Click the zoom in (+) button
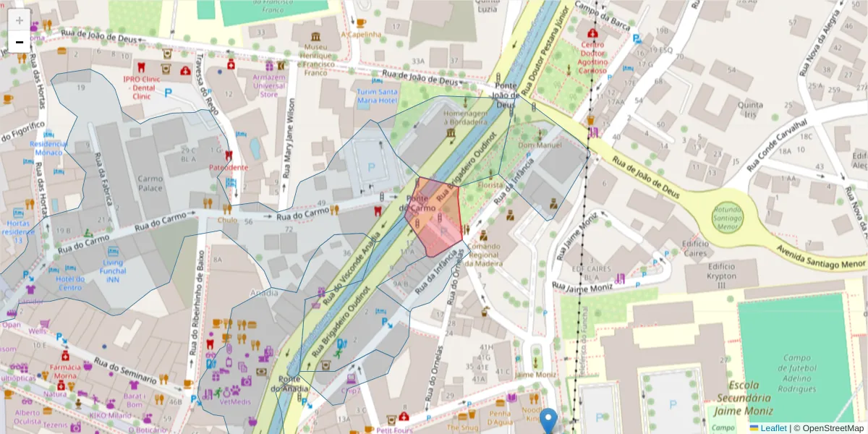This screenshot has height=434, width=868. click(20, 20)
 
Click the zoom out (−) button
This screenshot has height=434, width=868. click(20, 42)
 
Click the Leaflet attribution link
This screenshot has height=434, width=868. click(773, 428)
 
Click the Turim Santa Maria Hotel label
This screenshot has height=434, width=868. click(377, 96)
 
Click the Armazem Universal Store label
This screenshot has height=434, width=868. click(268, 85)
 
